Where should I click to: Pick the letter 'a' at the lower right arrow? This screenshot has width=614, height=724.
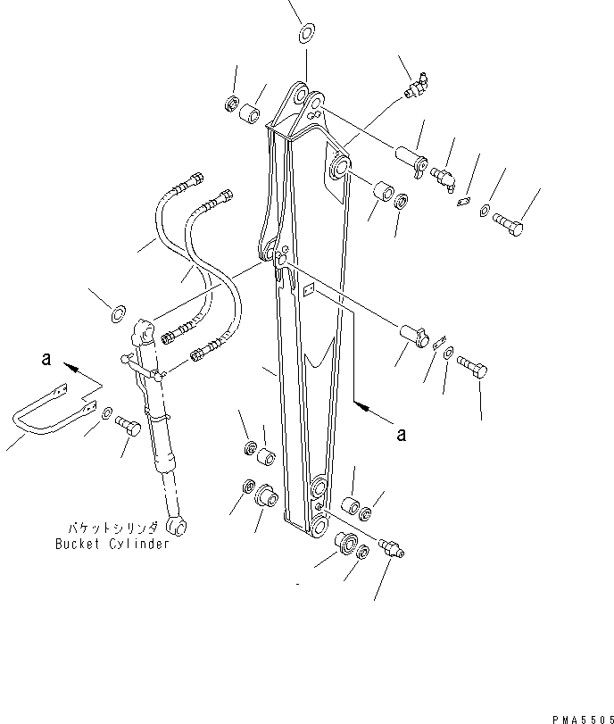click(402, 435)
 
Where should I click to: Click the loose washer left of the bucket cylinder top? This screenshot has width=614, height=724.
click(116, 314)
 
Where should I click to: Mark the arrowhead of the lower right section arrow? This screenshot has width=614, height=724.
click(361, 406)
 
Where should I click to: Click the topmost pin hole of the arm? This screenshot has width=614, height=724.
click(300, 95)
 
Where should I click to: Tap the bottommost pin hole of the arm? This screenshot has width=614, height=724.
click(318, 523)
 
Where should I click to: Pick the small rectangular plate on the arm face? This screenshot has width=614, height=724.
click(309, 289)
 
